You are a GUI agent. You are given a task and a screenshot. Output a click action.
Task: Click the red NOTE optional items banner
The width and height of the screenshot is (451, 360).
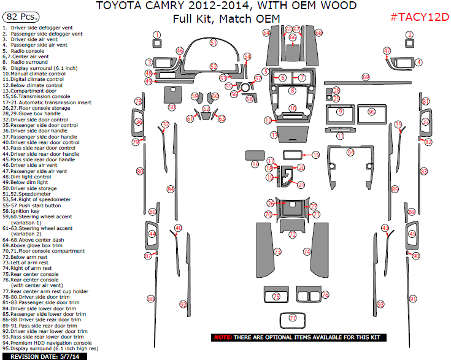coord(299,337)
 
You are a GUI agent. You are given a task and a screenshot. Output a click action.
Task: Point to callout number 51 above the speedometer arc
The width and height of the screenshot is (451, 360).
coord(213,43)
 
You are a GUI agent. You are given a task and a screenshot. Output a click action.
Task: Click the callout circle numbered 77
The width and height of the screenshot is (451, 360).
coord(293,318)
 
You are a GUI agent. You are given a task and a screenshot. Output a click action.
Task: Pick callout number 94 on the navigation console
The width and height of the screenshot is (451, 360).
coord(350,151)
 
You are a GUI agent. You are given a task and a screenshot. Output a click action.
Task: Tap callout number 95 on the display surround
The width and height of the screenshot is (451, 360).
coord(371,112)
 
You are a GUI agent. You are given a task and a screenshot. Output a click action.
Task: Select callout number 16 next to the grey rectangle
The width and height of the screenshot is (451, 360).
coord(255,164)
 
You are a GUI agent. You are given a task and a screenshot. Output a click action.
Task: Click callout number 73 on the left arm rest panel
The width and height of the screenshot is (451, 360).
coord(277,251)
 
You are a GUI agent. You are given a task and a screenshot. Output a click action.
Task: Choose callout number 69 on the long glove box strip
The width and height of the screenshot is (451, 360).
coord(366,77)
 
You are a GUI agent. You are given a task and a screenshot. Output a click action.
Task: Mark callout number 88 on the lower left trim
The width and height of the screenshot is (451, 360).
coord(150,299)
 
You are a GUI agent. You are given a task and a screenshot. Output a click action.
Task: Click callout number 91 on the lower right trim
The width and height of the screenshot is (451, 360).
coord(413,299)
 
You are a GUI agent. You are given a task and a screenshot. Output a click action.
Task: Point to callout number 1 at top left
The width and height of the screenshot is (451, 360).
coord(157,35)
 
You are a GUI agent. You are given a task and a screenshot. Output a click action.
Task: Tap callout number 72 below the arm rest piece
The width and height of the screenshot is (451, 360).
coord(293,235)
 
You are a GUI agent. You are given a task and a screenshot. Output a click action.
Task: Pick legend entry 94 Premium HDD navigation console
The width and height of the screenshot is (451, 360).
coord(48,343)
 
